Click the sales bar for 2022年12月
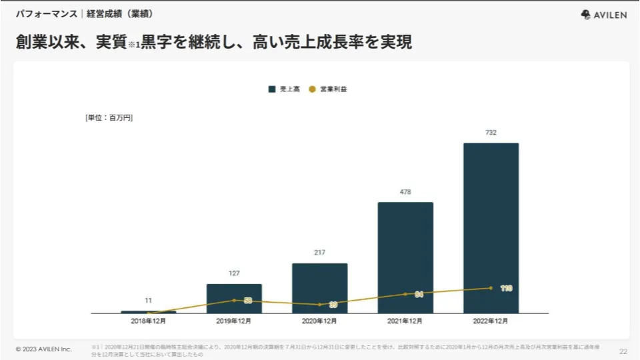(491, 227)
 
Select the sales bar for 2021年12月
(405, 257)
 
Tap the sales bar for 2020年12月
(319, 287)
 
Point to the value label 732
(491, 133)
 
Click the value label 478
(405, 192)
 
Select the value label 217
(319, 253)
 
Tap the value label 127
(234, 273)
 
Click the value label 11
(149, 301)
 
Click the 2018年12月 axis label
(149, 321)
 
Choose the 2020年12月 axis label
(319, 321)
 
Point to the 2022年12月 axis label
(491, 321)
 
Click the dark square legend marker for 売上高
(272, 89)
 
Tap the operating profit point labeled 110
(491, 288)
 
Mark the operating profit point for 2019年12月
(234, 300)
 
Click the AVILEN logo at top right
(604, 15)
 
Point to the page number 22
(623, 351)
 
